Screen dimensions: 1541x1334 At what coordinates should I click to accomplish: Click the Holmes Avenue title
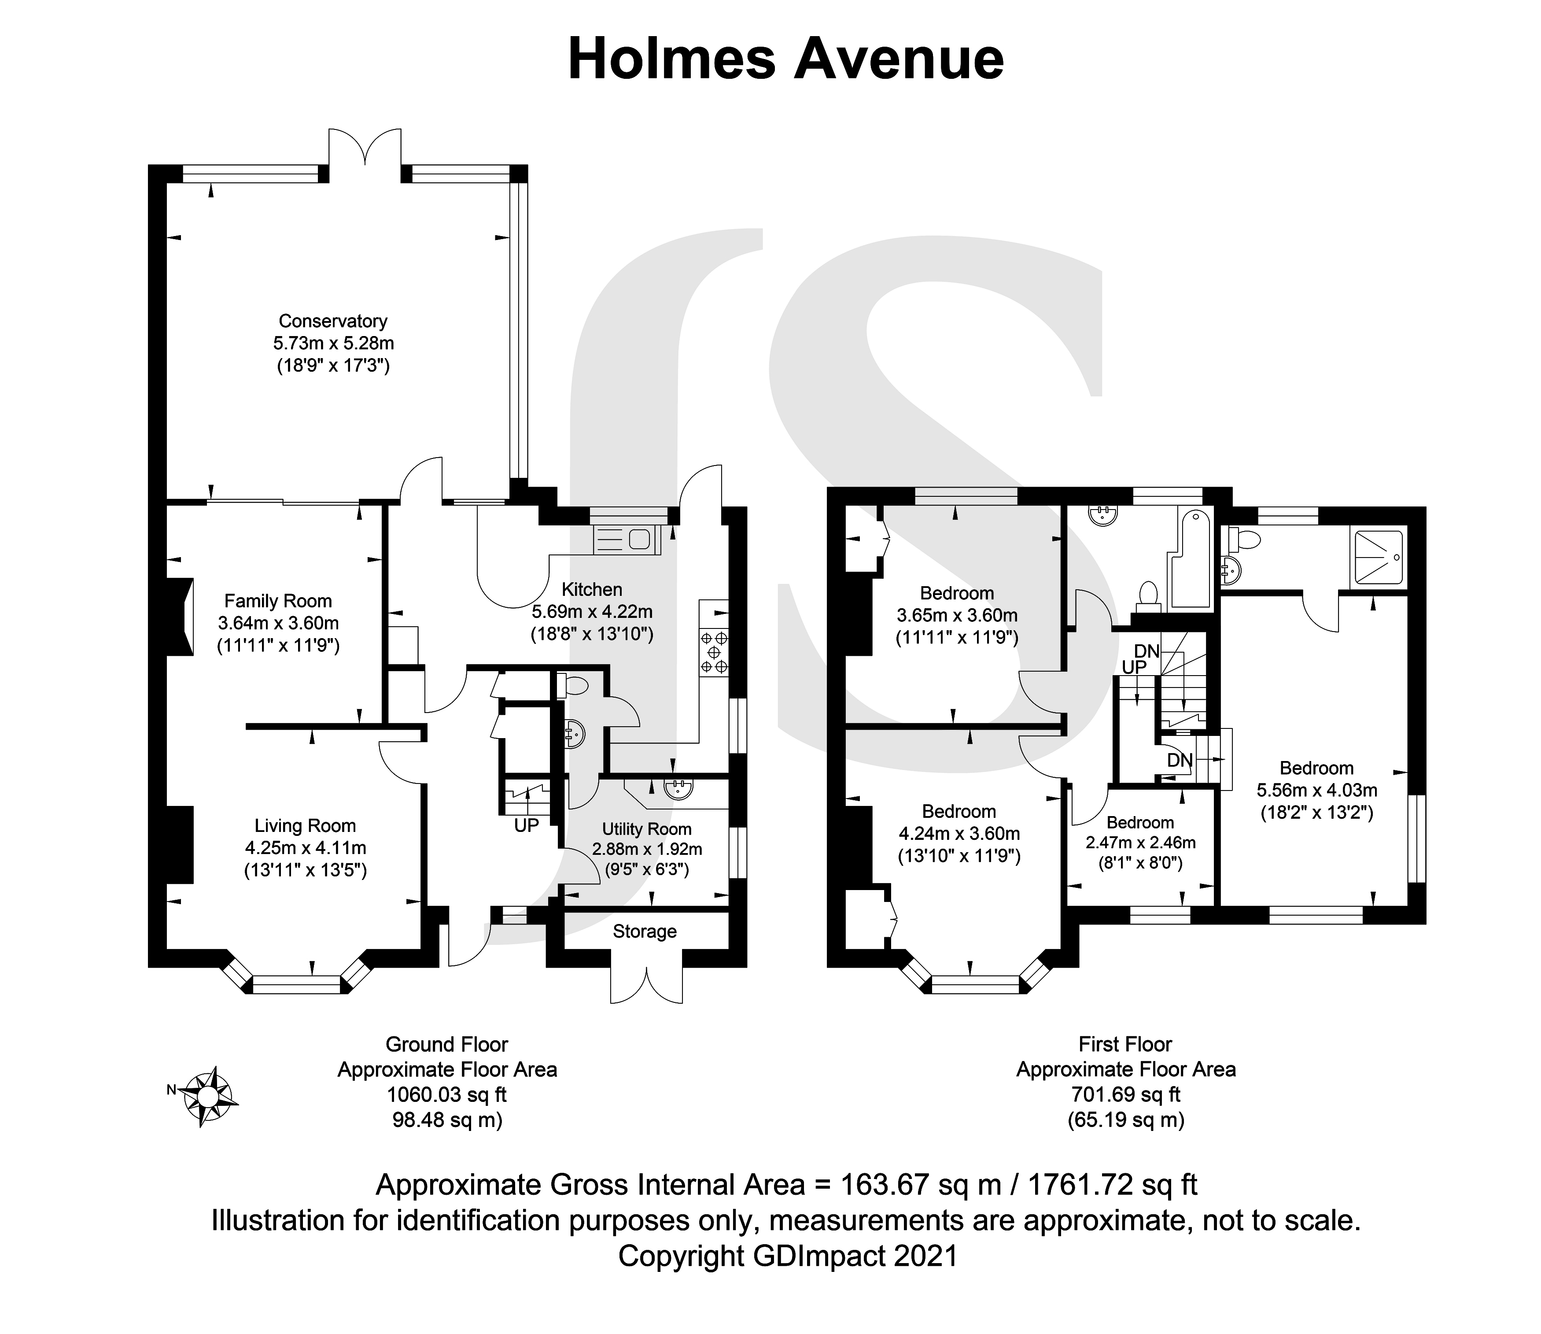tap(786, 59)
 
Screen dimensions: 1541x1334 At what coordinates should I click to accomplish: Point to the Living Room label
tap(305, 826)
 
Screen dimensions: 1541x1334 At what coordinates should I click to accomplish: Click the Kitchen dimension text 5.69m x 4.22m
tap(592, 612)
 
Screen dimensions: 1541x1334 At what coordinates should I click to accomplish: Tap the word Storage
tap(645, 931)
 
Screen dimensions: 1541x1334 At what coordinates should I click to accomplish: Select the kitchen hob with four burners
tap(714, 653)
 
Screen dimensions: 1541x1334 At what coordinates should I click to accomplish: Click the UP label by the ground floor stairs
tap(526, 826)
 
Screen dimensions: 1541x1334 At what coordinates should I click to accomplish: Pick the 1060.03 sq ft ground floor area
tap(447, 1095)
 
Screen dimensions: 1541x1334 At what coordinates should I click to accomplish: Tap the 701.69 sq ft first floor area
tap(1126, 1095)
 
